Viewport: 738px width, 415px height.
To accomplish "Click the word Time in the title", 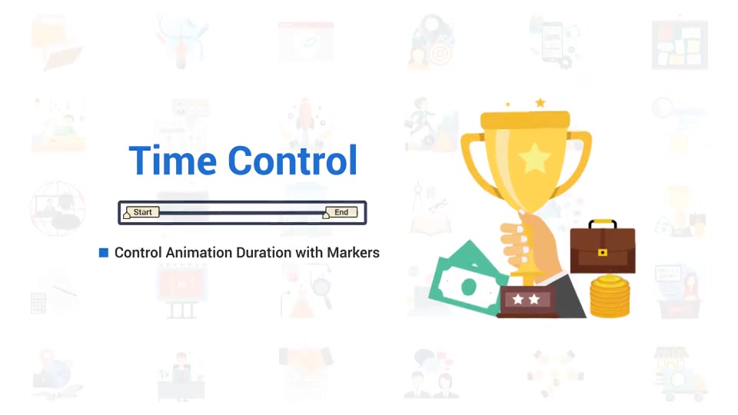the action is [x=174, y=161].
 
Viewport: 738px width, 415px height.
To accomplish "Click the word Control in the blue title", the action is [x=293, y=161].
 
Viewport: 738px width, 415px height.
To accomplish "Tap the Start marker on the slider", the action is [x=141, y=212].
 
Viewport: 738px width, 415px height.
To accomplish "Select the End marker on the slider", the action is [x=341, y=212].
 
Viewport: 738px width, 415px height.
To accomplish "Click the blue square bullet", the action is [x=104, y=253].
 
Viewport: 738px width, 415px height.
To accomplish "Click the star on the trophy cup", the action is [x=534, y=158].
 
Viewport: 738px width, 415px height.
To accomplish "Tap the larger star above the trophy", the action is [x=540, y=102].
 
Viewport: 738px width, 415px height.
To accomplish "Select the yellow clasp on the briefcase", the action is [x=603, y=253].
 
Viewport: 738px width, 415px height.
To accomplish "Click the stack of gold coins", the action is [x=610, y=297].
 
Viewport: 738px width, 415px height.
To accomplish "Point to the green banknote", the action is [x=466, y=279].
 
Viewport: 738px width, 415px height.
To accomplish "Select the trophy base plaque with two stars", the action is [x=527, y=300].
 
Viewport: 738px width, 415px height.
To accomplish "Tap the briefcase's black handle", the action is [x=603, y=223].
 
